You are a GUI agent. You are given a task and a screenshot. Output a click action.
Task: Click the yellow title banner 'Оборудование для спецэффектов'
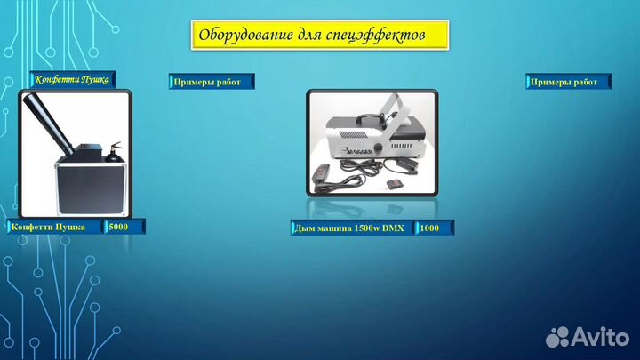(x=319, y=36)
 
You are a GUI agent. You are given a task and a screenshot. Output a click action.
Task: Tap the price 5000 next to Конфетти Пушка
(x=118, y=227)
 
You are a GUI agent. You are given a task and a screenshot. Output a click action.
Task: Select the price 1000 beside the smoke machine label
(x=429, y=228)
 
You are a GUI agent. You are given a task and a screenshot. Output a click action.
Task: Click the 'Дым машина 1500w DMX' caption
(x=348, y=228)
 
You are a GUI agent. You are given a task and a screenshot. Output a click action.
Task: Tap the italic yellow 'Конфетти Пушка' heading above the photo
(x=72, y=80)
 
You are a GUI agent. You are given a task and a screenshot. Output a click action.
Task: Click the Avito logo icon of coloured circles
(x=557, y=335)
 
